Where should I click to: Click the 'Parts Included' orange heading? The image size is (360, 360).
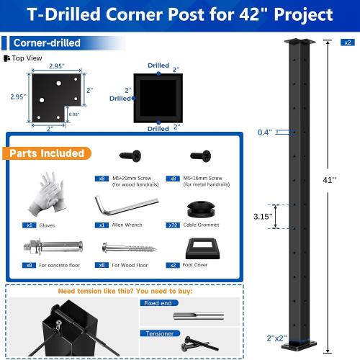click(x=48, y=153)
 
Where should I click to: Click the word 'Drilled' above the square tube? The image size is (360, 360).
click(x=158, y=65)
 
